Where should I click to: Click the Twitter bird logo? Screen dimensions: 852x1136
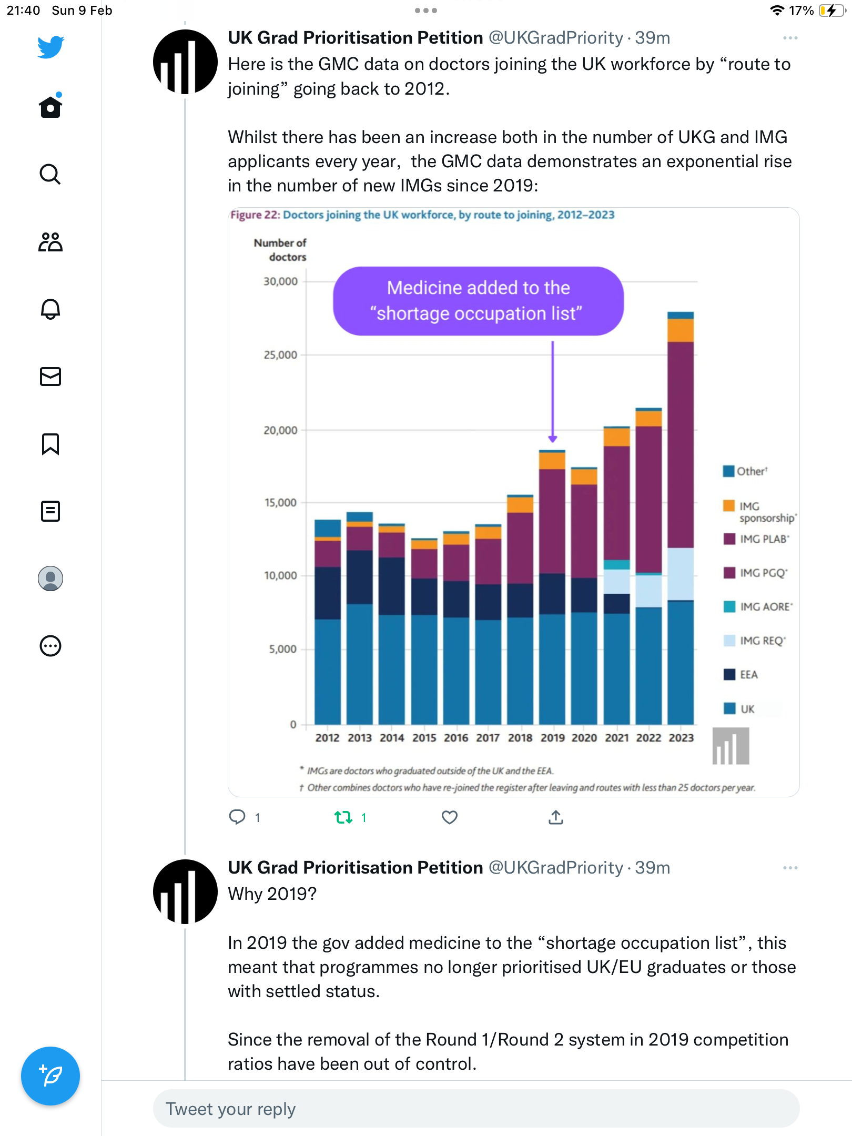click(50, 47)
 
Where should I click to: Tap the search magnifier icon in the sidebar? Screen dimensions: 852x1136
click(50, 174)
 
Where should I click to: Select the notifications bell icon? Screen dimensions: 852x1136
click(50, 309)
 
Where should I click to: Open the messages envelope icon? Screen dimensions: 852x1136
click(50, 377)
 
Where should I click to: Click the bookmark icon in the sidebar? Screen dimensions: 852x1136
click(50, 444)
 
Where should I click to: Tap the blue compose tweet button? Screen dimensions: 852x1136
click(50, 1076)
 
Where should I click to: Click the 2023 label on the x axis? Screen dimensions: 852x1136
click(681, 738)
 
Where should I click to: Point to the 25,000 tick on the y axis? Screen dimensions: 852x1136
click(280, 355)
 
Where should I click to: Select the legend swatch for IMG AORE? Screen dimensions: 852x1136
click(729, 606)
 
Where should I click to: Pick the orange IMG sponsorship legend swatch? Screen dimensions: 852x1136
click(729, 505)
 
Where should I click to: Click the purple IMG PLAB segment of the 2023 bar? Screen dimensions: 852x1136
click(681, 445)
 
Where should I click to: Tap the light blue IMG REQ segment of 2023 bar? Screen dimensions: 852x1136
click(681, 574)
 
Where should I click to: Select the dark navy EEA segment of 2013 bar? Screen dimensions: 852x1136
click(360, 577)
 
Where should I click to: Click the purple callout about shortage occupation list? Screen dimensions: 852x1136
click(479, 301)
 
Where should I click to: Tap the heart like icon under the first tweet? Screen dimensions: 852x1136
click(450, 817)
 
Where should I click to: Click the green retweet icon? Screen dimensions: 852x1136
click(343, 817)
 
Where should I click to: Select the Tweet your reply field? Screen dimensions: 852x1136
click(476, 1109)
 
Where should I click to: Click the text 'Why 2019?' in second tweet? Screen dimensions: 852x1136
click(272, 894)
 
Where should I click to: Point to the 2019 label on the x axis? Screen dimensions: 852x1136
click(552, 738)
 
